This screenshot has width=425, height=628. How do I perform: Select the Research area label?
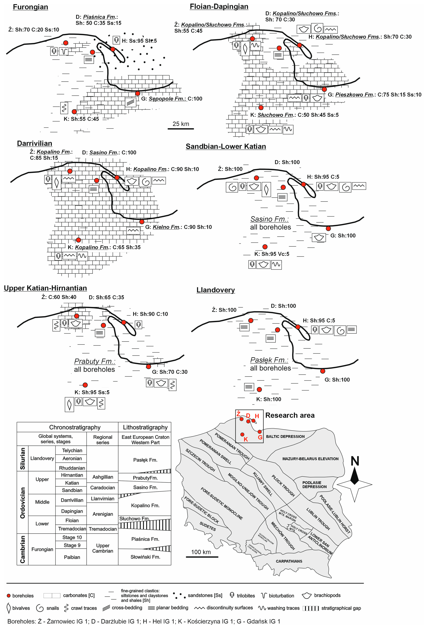click(290, 415)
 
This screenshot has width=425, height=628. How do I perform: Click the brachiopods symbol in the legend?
click(306, 595)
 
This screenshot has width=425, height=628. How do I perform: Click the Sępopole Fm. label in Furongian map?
click(167, 99)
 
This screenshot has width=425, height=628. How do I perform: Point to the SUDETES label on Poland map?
click(207, 526)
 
